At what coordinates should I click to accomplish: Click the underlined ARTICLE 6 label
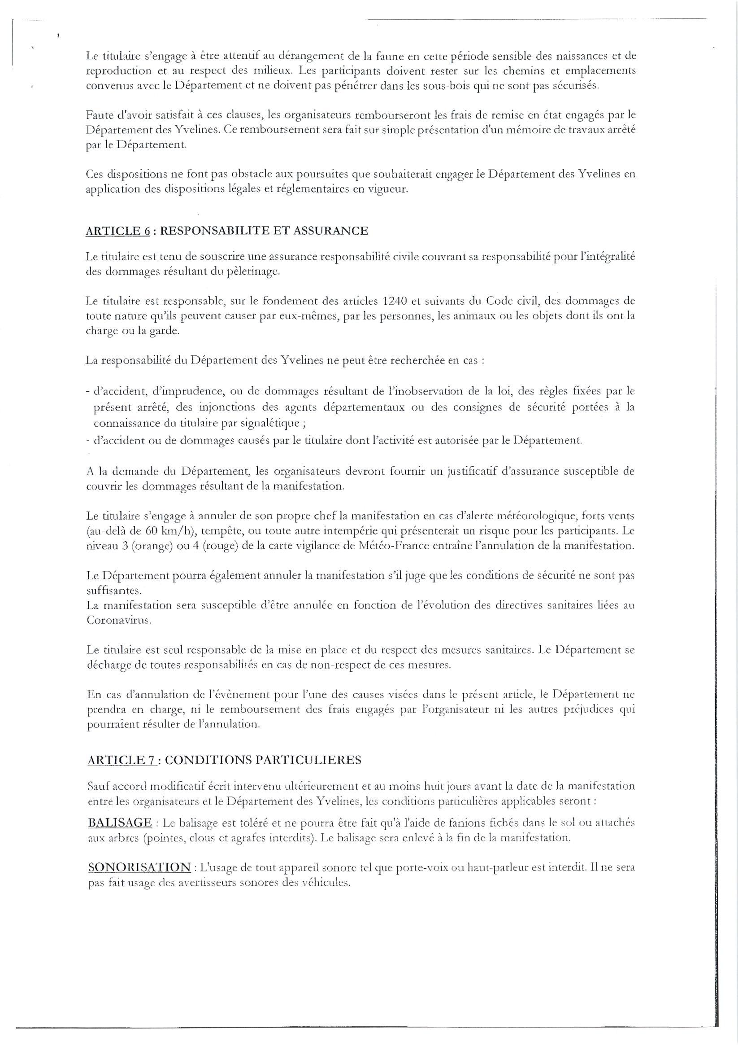tap(117, 231)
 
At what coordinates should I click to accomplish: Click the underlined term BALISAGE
tap(120, 823)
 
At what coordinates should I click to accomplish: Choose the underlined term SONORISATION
tap(139, 867)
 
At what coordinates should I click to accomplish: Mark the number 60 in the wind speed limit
tap(152, 531)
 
